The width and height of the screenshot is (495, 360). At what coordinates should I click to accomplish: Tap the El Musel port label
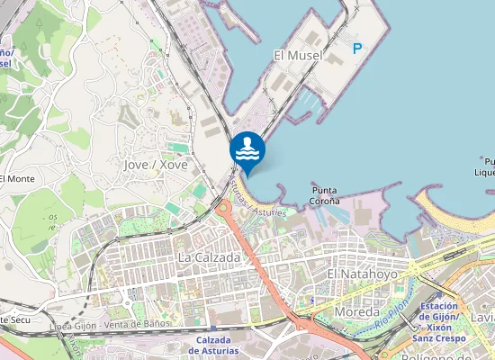tap(296, 56)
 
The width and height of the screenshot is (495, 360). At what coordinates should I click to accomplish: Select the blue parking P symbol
tap(358, 49)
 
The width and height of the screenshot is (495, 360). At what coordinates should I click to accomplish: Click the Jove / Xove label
tap(156, 165)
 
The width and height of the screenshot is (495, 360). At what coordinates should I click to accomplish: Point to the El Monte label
tap(17, 179)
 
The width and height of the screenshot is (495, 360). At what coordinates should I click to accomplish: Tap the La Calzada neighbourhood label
tap(210, 257)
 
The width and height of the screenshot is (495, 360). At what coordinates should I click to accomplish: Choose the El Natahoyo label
tap(359, 273)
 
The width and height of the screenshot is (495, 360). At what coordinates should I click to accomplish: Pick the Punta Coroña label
tap(325, 195)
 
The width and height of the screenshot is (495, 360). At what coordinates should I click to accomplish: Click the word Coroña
tap(325, 202)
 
